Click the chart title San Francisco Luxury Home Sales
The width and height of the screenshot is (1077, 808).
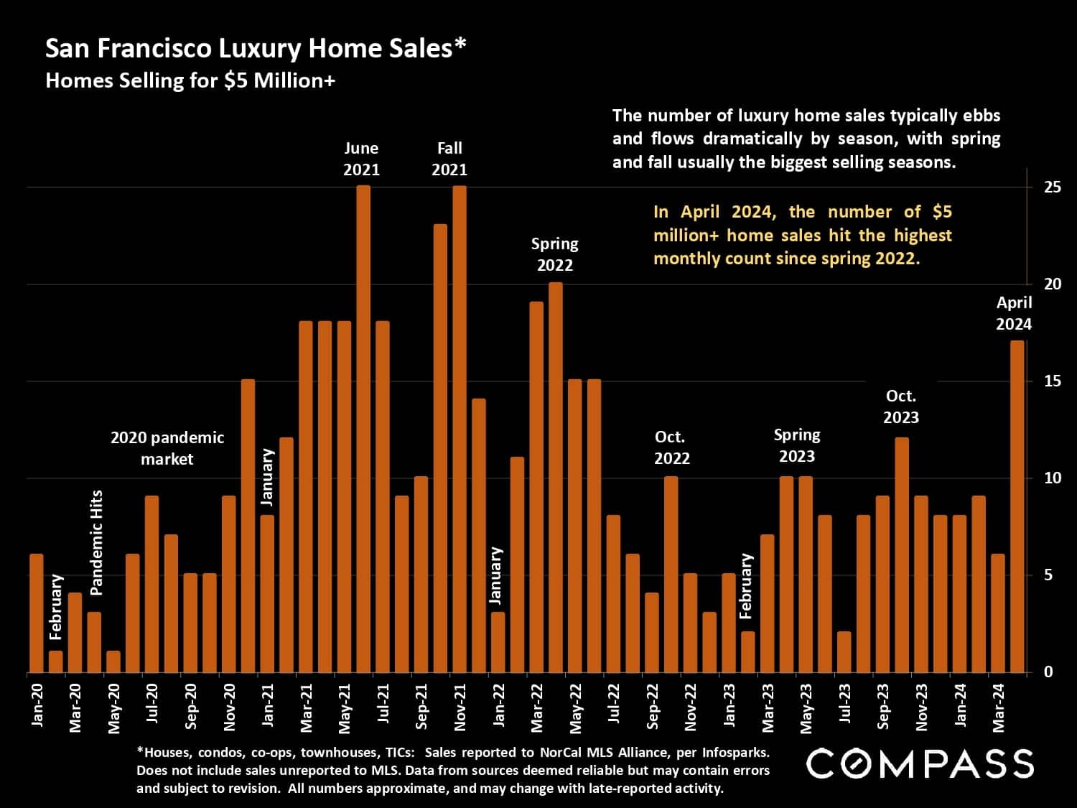pyautogui.click(x=256, y=48)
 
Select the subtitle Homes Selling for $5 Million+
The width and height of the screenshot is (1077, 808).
pyautogui.click(x=190, y=80)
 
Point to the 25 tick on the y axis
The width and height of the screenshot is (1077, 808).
pyautogui.click(x=1053, y=187)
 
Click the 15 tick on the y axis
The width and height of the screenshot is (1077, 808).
pyautogui.click(x=1053, y=381)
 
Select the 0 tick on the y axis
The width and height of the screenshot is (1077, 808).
pyautogui.click(x=1048, y=672)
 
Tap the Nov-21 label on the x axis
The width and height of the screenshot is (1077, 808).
pyautogui.click(x=460, y=707)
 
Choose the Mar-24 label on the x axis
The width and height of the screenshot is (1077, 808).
pyautogui.click(x=999, y=707)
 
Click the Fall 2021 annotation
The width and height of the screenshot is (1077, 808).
pyautogui.click(x=449, y=159)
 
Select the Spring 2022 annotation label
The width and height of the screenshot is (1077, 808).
pyautogui.click(x=555, y=254)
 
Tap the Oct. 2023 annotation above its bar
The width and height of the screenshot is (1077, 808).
pyautogui.click(x=901, y=407)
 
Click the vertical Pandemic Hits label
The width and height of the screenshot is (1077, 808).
pyautogui.click(x=97, y=542)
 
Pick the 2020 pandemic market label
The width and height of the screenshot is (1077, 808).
pyautogui.click(x=167, y=447)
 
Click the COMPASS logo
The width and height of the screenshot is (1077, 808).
pyautogui.click(x=920, y=763)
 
